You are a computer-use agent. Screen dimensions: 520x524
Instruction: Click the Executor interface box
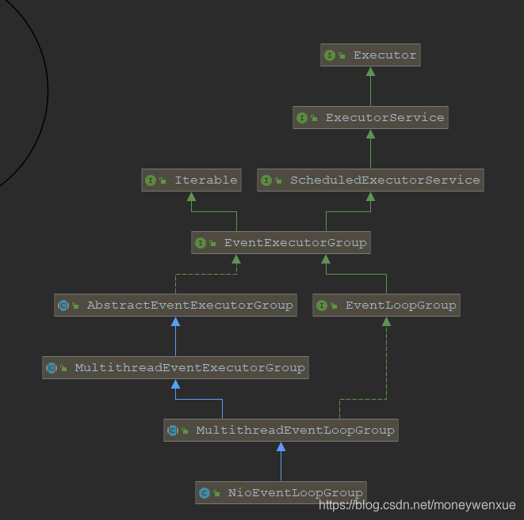point(369,55)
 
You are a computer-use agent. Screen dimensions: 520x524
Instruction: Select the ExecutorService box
point(370,118)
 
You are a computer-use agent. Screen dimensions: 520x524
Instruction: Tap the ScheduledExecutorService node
point(370,180)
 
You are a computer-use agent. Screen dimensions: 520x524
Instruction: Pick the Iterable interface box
point(192,180)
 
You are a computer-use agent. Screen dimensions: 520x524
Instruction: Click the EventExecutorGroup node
point(281,243)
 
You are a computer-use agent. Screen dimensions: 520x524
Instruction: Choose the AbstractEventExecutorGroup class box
point(175,306)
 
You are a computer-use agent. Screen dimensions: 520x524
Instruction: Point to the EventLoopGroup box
point(386,306)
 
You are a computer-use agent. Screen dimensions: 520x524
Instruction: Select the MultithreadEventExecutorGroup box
point(175,368)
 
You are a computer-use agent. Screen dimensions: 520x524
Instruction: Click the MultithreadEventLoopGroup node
point(280,431)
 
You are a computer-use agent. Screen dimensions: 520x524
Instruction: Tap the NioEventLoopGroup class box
point(281,492)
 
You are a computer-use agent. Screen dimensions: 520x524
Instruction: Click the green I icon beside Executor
point(330,55)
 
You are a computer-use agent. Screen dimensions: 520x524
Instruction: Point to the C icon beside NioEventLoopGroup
point(205,493)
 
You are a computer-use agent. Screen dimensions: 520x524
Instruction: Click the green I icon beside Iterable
point(151,180)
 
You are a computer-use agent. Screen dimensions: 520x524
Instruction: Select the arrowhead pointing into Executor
point(370,71)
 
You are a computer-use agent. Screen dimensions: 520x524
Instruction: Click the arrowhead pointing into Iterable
point(192,196)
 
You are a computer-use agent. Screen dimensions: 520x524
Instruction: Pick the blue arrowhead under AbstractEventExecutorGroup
point(175,321)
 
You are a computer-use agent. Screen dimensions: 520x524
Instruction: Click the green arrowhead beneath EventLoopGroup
point(386,321)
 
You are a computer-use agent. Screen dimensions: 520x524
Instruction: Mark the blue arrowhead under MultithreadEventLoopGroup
point(281,446)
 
